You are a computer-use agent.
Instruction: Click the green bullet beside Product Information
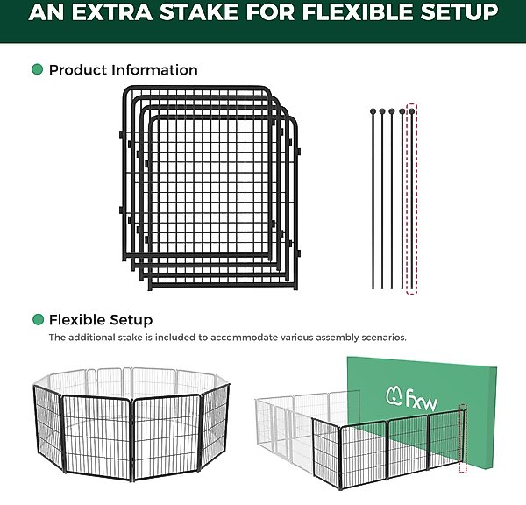pos(37,69)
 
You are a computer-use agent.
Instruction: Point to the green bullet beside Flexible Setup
pos(39,319)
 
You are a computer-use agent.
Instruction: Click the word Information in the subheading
pos(154,70)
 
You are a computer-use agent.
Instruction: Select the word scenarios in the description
pos(384,338)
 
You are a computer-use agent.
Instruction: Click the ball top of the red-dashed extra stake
pos(412,110)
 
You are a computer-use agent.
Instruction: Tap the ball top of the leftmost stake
pos(373,111)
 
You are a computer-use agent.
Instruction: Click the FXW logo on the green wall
pos(412,399)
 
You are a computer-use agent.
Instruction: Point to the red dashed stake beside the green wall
pos(463,437)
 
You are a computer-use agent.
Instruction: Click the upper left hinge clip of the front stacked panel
pos(147,164)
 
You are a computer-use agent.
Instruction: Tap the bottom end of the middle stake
pos(392,288)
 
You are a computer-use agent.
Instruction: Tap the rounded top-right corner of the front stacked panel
pos(292,121)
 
